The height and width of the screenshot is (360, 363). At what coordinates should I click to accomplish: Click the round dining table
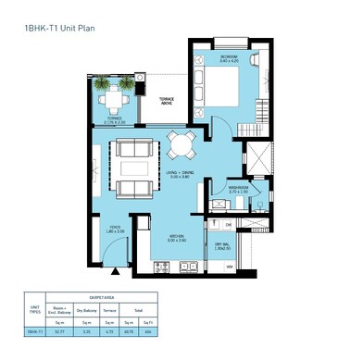pos(180,145)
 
